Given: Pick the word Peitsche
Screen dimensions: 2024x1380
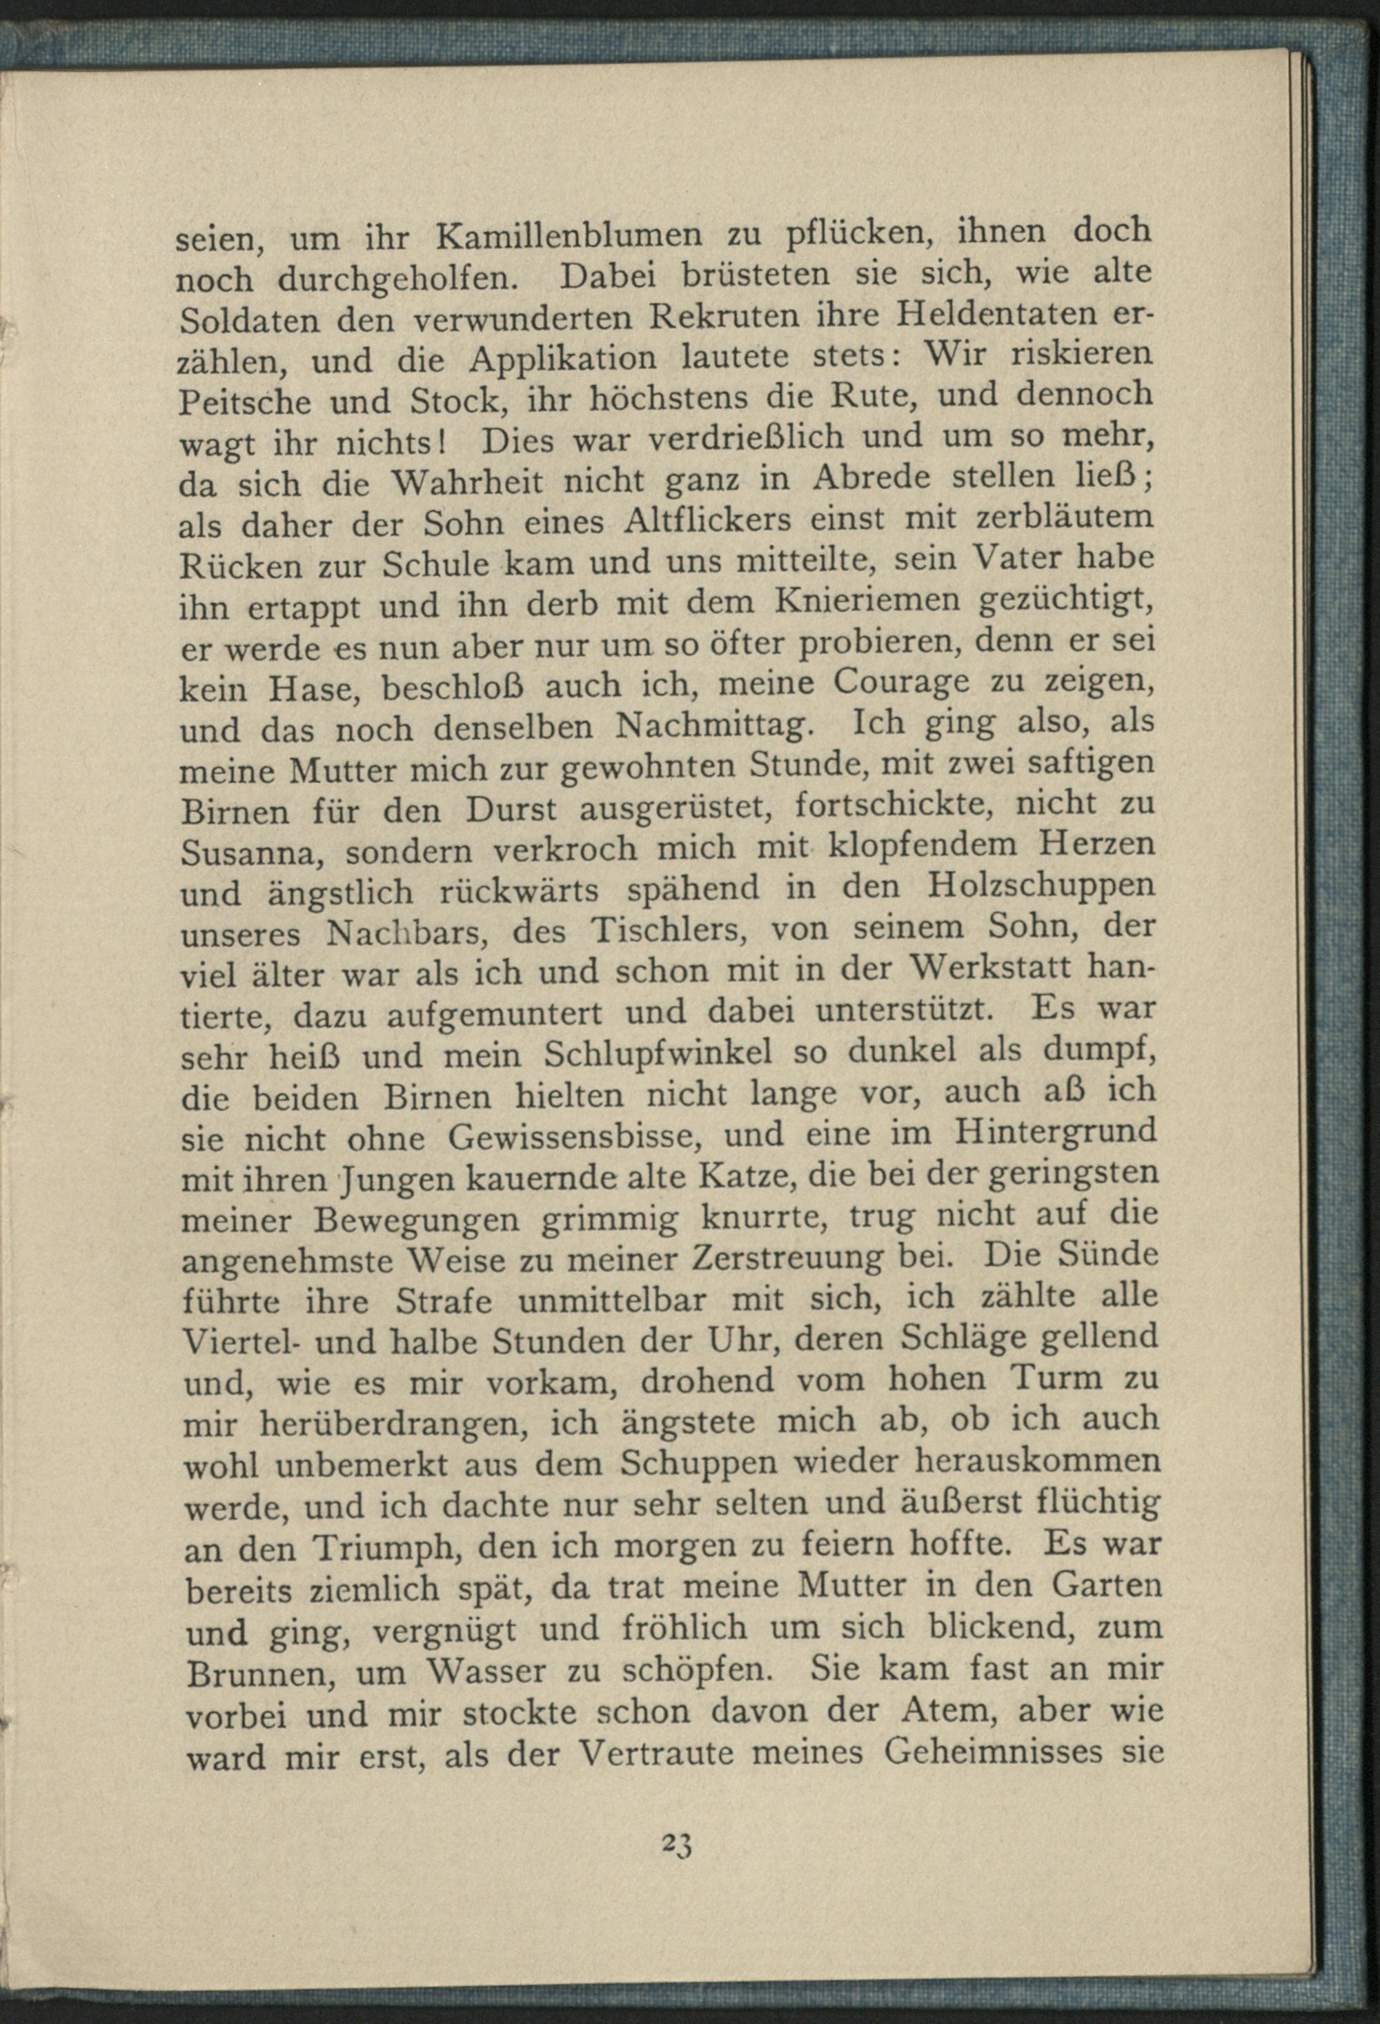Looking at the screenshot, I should (246, 401).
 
